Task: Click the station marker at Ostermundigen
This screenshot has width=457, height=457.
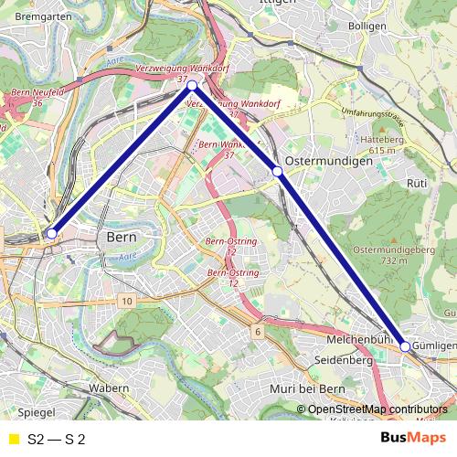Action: [277, 171]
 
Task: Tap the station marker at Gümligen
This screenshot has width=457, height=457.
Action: [405, 347]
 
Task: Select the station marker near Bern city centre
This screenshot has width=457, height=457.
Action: [52, 234]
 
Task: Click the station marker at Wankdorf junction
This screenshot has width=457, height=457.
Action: [192, 85]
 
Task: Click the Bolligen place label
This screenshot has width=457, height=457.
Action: [367, 27]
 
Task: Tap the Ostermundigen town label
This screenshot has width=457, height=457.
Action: [328, 160]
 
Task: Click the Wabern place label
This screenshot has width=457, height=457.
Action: [109, 388]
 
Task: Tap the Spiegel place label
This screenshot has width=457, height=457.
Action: [36, 413]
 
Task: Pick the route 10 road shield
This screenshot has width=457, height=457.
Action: [126, 301]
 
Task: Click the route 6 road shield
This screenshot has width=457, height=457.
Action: [259, 331]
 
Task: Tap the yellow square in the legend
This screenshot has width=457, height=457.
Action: [12, 438]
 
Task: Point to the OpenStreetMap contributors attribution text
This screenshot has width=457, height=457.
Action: [377, 409]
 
